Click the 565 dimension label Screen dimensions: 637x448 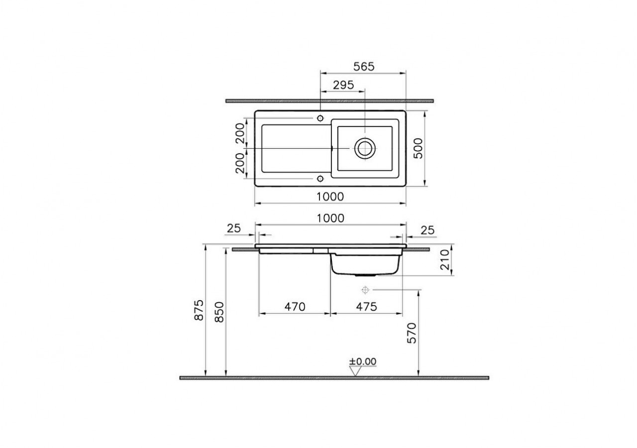pyautogui.click(x=364, y=67)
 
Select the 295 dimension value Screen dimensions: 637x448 pyautogui.click(x=343, y=85)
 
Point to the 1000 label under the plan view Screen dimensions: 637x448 pyautogui.click(x=330, y=197)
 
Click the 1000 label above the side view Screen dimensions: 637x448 pyautogui.click(x=330, y=218)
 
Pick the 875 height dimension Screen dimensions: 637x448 pyautogui.click(x=199, y=310)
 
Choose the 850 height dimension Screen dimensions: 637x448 pyautogui.click(x=219, y=312)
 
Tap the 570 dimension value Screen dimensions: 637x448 pyautogui.click(x=412, y=333)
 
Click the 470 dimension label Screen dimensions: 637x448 pyautogui.click(x=295, y=307)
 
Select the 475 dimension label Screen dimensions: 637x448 pyautogui.click(x=367, y=307)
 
